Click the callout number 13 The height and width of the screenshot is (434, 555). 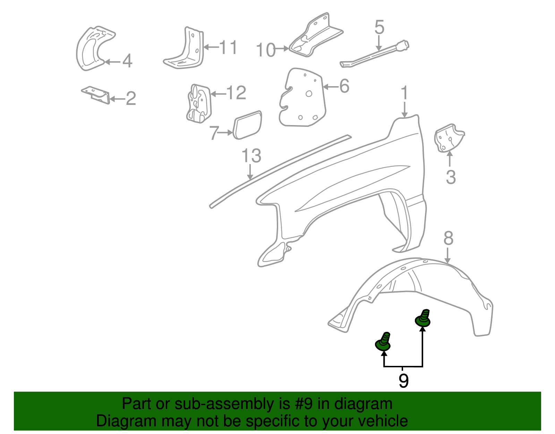click(251, 156)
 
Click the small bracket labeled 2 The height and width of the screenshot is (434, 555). click(96, 95)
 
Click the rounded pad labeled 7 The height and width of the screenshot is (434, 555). click(247, 125)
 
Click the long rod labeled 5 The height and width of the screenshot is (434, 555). click(375, 55)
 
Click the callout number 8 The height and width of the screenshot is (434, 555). click(448, 239)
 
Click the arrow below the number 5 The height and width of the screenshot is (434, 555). click(379, 44)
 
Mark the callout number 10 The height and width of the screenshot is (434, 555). click(266, 50)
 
